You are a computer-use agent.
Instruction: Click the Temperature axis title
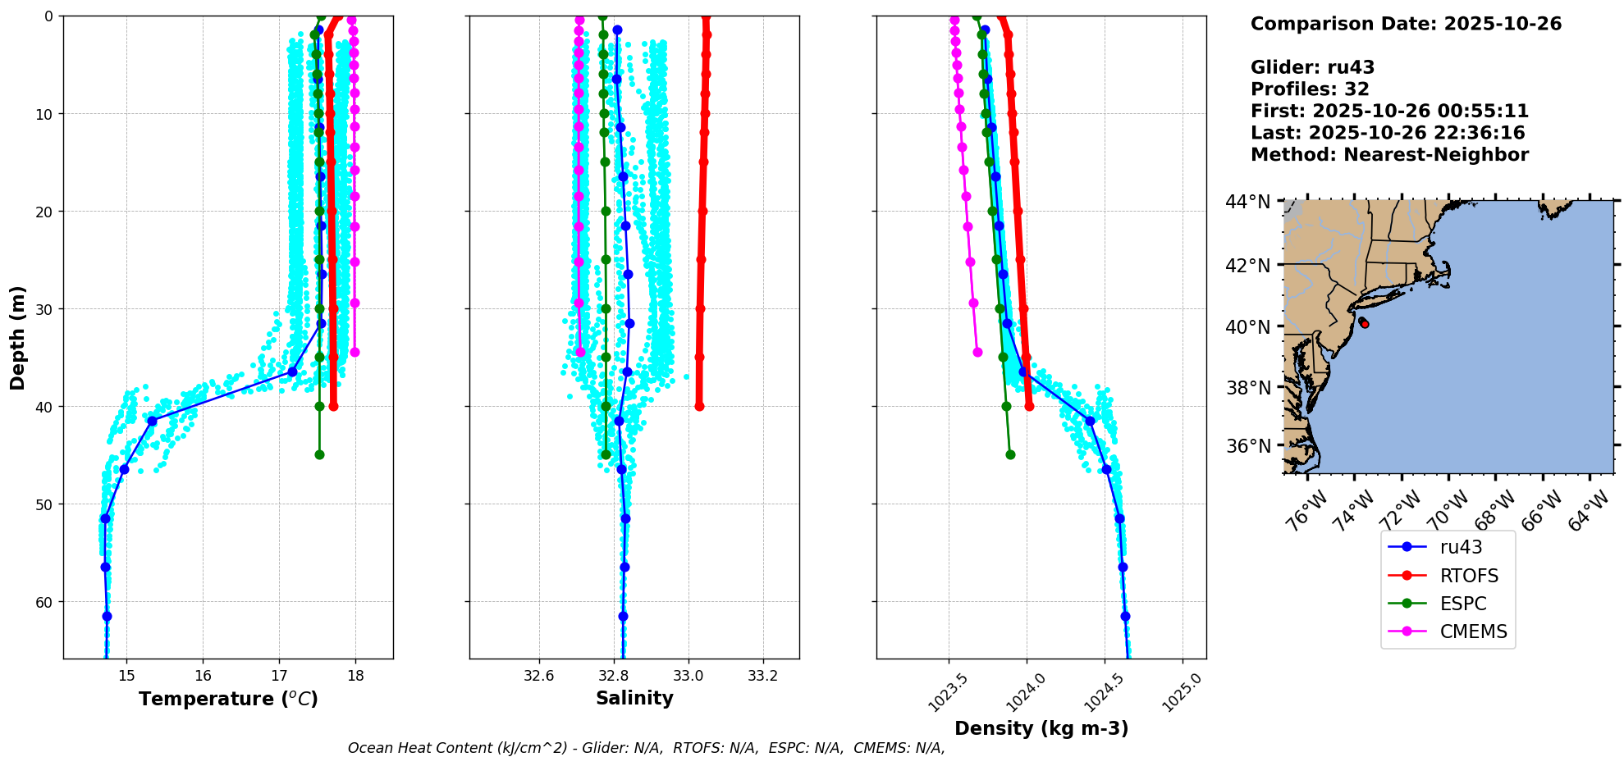(x=228, y=699)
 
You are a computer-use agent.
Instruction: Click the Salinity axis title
(x=634, y=698)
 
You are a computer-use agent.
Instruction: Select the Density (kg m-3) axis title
(x=1041, y=728)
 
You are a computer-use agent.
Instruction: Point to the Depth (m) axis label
(x=18, y=337)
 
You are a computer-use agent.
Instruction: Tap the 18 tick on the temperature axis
(x=355, y=675)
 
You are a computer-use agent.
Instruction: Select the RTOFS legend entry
(x=1469, y=576)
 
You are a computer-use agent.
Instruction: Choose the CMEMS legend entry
(x=1473, y=631)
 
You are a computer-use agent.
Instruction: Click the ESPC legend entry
(x=1463, y=604)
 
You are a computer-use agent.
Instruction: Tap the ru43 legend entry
(x=1461, y=547)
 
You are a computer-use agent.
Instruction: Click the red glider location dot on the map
(x=1364, y=324)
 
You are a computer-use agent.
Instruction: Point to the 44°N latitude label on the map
(x=1247, y=202)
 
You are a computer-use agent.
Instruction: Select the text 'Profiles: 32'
(x=1310, y=89)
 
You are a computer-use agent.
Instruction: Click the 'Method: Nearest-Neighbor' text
(x=1389, y=155)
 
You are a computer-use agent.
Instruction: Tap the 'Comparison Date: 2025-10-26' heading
(x=1406, y=24)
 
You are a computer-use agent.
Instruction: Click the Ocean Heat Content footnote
(x=646, y=748)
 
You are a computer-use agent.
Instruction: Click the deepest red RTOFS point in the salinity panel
(x=699, y=406)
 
